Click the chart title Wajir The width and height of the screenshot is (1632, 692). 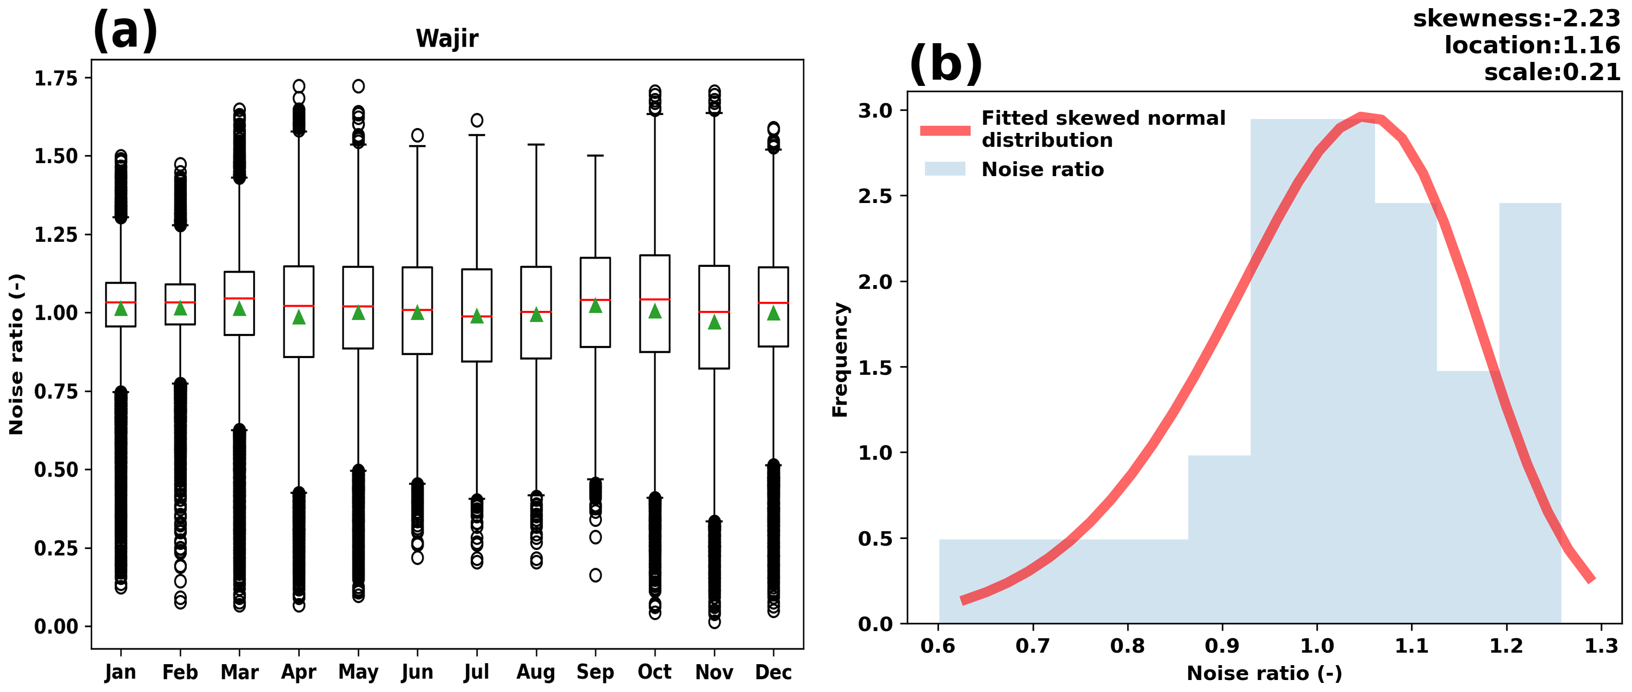click(447, 38)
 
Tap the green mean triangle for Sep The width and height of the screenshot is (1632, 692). click(595, 306)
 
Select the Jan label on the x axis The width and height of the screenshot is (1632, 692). click(121, 672)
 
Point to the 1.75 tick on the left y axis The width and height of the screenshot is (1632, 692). click(56, 79)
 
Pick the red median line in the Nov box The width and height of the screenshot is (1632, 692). click(714, 312)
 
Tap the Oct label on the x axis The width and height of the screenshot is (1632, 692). click(654, 672)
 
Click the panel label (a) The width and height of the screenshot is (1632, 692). click(125, 30)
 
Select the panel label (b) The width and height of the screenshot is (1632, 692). click(945, 63)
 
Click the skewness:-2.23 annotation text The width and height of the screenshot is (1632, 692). click(1516, 18)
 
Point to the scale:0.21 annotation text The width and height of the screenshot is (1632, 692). click(1552, 72)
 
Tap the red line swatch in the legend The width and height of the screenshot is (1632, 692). click(945, 131)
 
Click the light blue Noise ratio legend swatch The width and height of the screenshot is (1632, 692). click(945, 169)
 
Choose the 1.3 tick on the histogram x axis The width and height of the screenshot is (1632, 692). click(1601, 646)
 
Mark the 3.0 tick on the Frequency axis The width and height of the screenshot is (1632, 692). click(875, 111)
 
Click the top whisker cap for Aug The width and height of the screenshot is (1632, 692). click(536, 145)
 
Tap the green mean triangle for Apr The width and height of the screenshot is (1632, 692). click(299, 317)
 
